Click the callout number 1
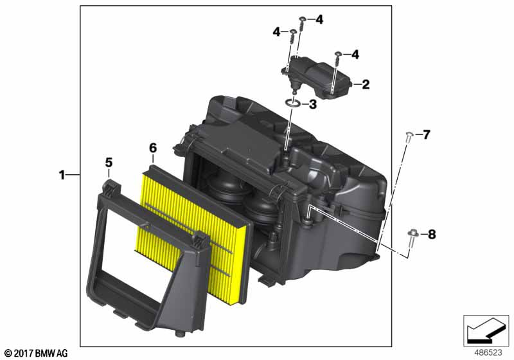(62, 175)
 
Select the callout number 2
(366, 85)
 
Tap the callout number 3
(313, 105)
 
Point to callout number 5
(109, 163)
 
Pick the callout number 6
(153, 148)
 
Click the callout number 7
(426, 134)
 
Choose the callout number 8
(432, 235)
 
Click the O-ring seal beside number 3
(293, 104)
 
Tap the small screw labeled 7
(409, 137)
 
